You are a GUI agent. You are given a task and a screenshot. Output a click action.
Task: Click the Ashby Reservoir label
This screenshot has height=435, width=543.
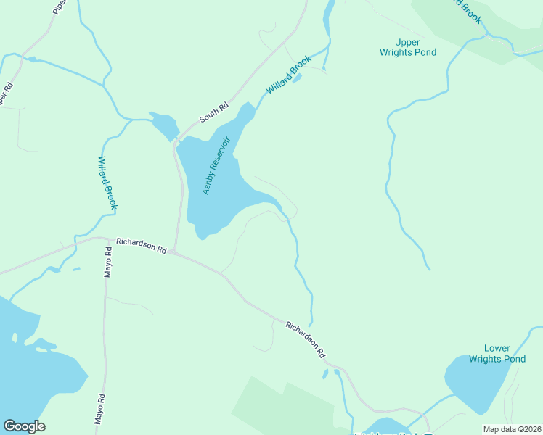[x=221, y=165]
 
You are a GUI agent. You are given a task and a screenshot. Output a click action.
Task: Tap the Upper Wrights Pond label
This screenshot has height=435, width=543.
[x=408, y=47]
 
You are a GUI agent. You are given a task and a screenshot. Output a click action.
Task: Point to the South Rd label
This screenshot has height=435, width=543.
[x=214, y=112]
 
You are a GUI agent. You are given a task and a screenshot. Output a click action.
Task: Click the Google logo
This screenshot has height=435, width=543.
[x=24, y=426]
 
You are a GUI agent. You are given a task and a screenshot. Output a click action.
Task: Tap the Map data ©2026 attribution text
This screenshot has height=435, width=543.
[x=511, y=429]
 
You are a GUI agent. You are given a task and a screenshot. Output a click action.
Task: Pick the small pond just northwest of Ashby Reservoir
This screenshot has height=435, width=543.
[x=164, y=123]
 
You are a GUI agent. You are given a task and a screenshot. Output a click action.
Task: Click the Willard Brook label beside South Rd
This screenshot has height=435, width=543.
[x=288, y=75]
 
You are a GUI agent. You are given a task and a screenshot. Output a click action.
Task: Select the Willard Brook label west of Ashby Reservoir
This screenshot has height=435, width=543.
[x=107, y=183]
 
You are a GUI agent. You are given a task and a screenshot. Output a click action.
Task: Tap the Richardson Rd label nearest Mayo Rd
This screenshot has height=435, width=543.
[x=141, y=245]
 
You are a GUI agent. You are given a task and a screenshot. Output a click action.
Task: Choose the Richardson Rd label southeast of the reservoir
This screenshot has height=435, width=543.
[x=304, y=340]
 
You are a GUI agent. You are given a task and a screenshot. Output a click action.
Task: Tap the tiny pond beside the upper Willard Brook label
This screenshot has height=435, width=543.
[x=296, y=78]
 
